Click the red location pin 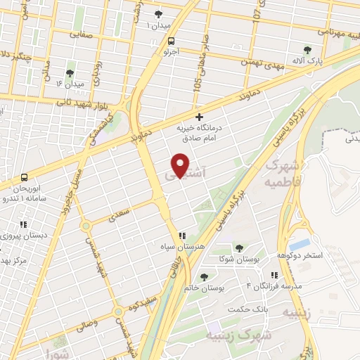pos(181,166)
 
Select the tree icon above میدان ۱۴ pos(70,72)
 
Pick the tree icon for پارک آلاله pos(307,49)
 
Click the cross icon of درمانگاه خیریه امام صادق pos(200,116)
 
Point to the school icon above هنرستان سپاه pos(181,236)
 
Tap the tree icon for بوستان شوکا pos(240,248)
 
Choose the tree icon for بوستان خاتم pos(205,277)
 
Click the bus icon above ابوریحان pos(25,176)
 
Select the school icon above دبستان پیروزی pos(22,225)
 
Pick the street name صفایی pos(81,33)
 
